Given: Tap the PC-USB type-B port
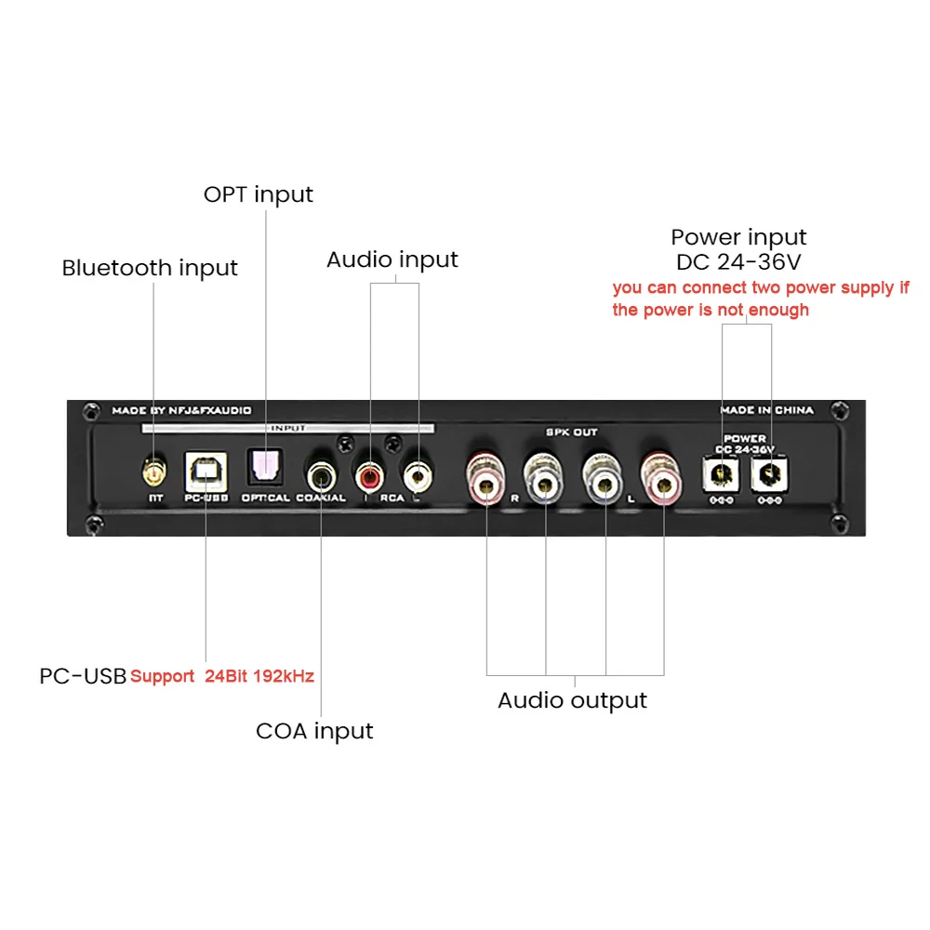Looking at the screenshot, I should pyautogui.click(x=206, y=473).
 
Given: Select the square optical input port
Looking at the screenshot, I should pyautogui.click(x=265, y=468).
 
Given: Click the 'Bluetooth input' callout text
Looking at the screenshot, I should pyautogui.click(x=150, y=268).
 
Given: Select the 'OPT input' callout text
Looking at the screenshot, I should pyautogui.click(x=259, y=194).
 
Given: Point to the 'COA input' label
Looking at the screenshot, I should pyautogui.click(x=314, y=731).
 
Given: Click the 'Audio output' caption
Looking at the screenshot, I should pyautogui.click(x=572, y=700).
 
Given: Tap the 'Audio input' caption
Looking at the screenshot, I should pyautogui.click(x=392, y=259).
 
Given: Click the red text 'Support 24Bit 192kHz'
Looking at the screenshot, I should pyautogui.click(x=222, y=676).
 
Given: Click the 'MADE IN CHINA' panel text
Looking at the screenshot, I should pyautogui.click(x=766, y=410).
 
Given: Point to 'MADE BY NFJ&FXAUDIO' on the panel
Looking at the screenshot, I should pyautogui.click(x=181, y=410).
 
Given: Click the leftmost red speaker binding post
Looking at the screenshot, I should pyautogui.click(x=486, y=477).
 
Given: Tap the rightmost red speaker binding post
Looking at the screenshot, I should pyautogui.click(x=663, y=477).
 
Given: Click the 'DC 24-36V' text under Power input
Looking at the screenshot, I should pyautogui.click(x=739, y=262).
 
